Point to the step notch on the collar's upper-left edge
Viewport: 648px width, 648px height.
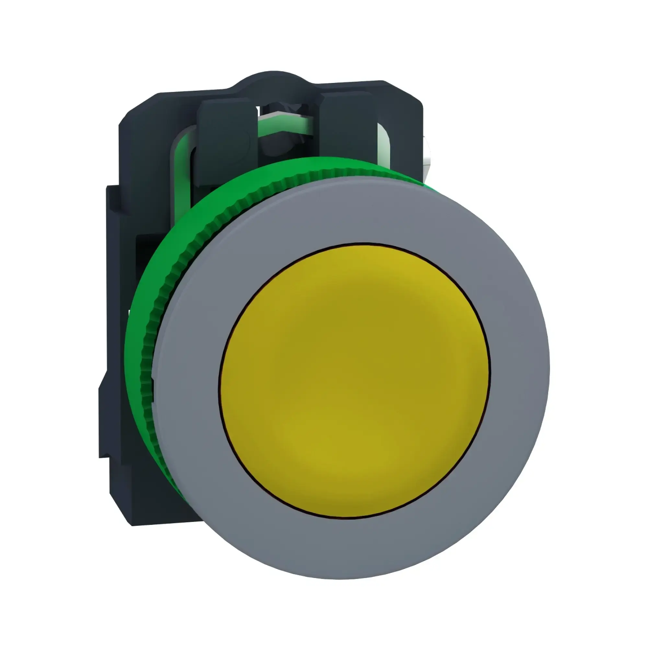pyautogui.click(x=111, y=188)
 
